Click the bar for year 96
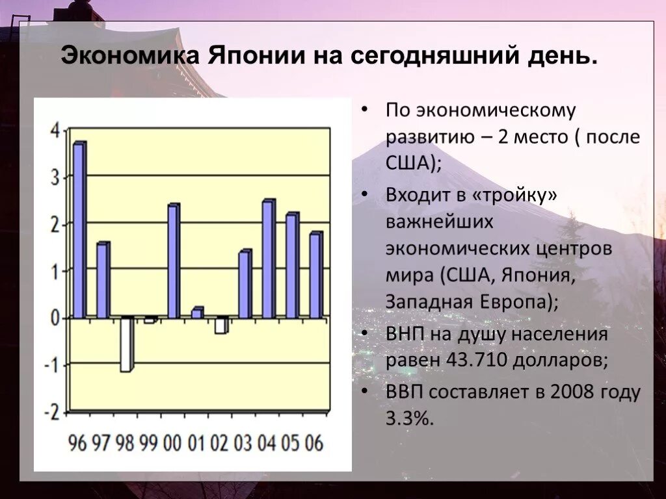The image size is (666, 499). [79, 230]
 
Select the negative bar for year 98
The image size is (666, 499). [126, 344]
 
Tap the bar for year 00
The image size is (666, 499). [173, 261]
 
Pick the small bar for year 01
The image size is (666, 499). [196, 313]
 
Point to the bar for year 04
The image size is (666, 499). [268, 259]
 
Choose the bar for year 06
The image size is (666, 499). [315, 275]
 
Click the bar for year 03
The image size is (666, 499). [245, 284]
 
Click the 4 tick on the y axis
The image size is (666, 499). [55, 130]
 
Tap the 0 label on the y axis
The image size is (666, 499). [55, 318]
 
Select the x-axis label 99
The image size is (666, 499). [149, 444]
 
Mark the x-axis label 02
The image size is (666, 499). [220, 444]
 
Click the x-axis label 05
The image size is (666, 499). [291, 444]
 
